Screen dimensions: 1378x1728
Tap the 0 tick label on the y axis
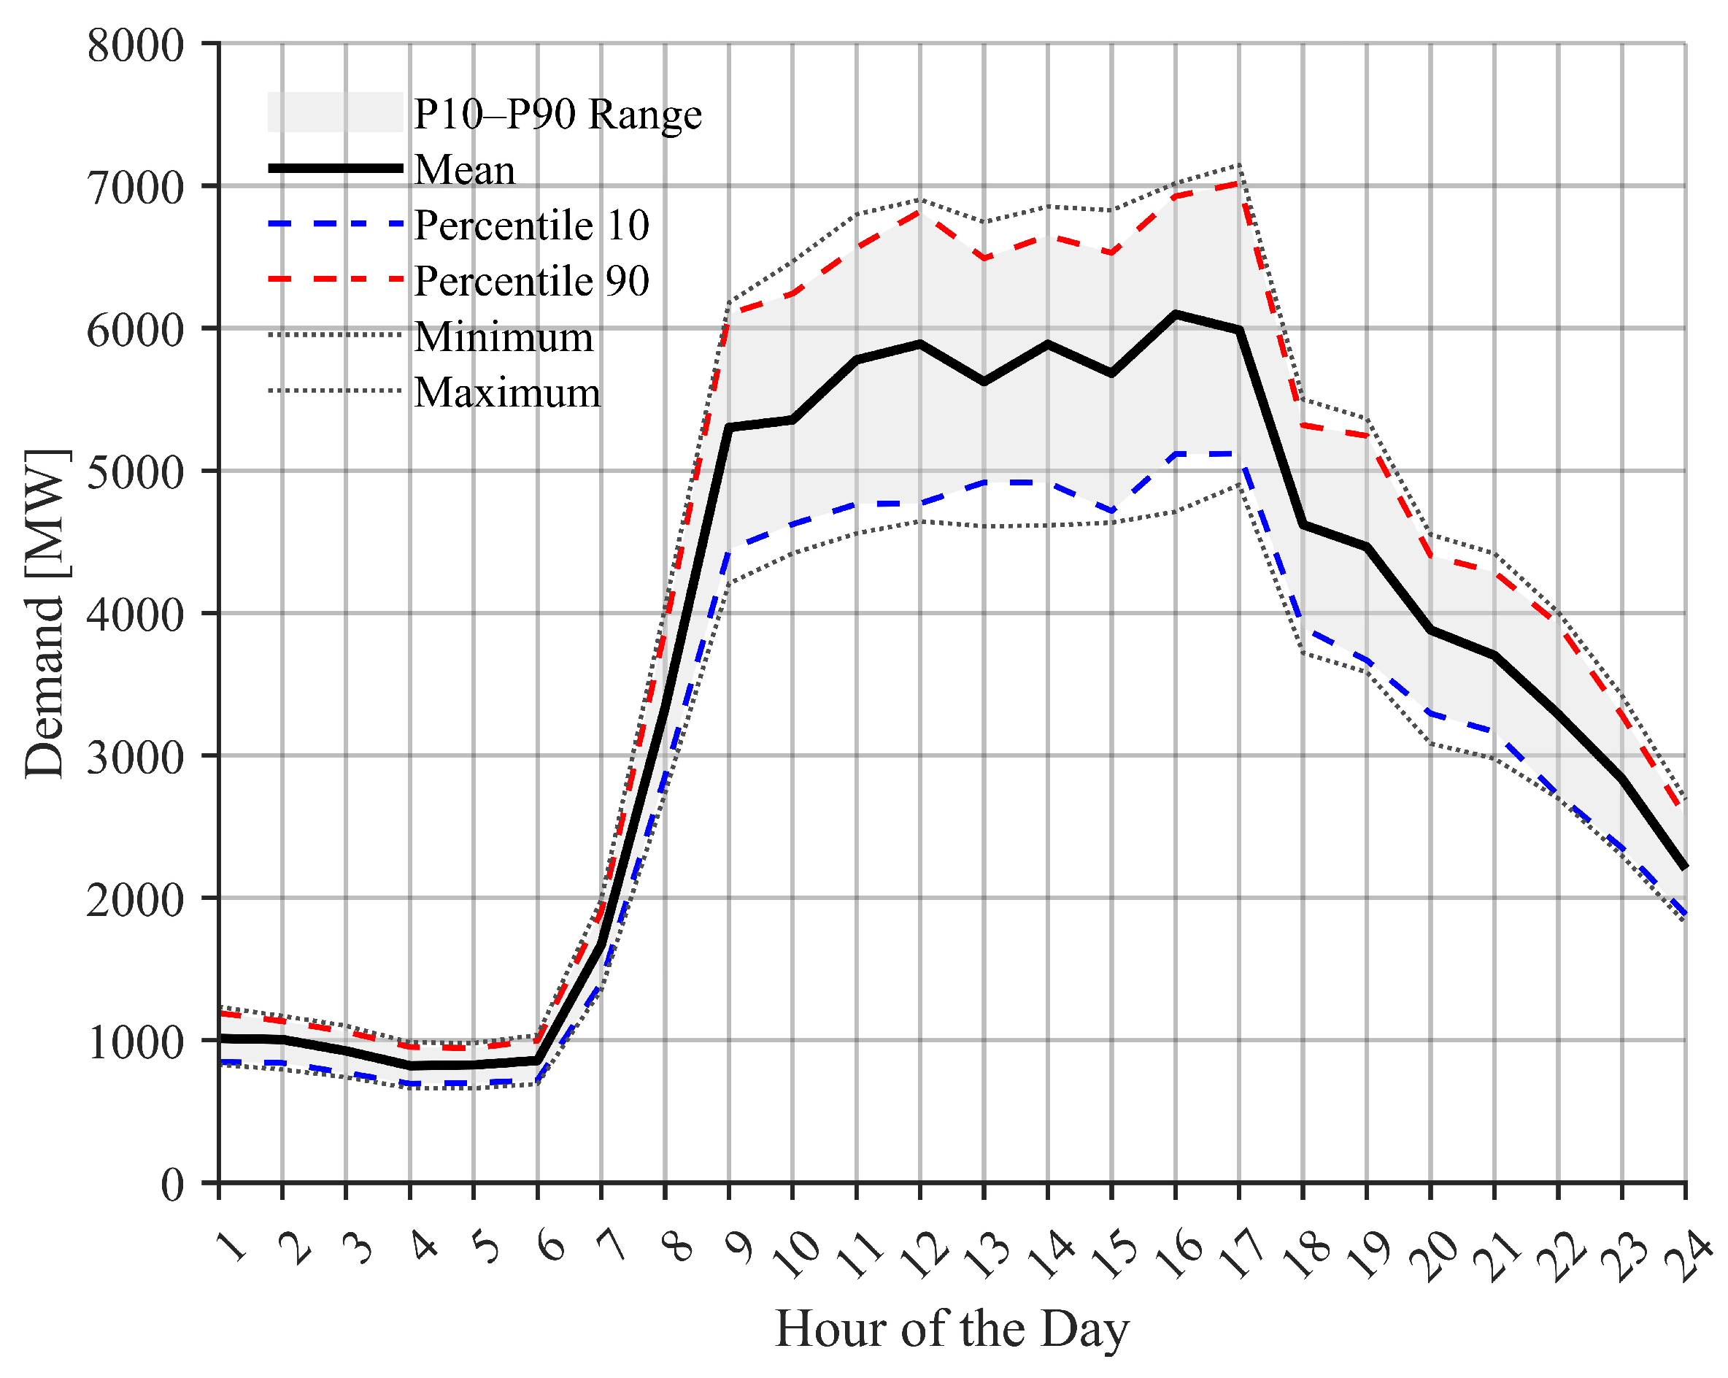point(172,1184)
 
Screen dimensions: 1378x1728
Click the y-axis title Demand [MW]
point(45,613)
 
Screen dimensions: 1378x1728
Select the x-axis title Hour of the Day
point(952,1329)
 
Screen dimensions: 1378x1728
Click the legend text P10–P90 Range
point(557,114)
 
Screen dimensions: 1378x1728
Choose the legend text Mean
point(464,170)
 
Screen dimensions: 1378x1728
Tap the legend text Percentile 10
point(531,226)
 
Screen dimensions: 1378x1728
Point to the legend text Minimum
point(504,336)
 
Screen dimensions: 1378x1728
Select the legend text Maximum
point(506,393)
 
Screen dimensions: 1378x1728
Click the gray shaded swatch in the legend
point(335,112)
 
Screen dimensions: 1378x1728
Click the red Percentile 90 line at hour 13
point(984,258)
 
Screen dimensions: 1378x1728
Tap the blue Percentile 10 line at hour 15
point(1111,511)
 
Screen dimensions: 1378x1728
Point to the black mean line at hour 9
point(728,427)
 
